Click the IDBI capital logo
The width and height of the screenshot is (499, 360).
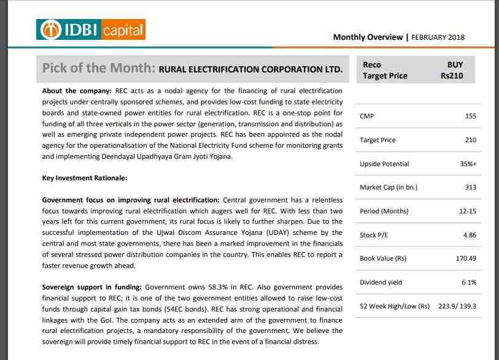coord(91,29)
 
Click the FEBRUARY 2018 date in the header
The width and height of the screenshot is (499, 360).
coord(438,37)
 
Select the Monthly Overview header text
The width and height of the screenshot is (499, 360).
coord(368,37)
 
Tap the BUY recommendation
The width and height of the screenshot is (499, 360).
coord(455,64)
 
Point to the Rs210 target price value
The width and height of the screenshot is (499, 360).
coord(452,76)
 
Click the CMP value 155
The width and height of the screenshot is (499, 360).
coord(471,116)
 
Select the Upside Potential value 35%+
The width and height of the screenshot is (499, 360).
coord(467,164)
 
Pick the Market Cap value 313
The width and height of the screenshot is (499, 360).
coord(471,187)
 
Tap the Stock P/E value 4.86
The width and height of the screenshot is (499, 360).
coord(469,235)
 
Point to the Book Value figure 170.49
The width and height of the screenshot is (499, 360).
coord(466,259)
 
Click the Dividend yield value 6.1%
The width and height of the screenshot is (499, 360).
coord(468,282)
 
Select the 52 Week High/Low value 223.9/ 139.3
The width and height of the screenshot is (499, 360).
coord(456,306)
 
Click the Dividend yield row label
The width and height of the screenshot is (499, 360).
coord(381,282)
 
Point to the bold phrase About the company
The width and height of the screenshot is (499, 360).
coord(77,91)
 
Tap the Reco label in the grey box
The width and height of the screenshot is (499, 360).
coord(372,64)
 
